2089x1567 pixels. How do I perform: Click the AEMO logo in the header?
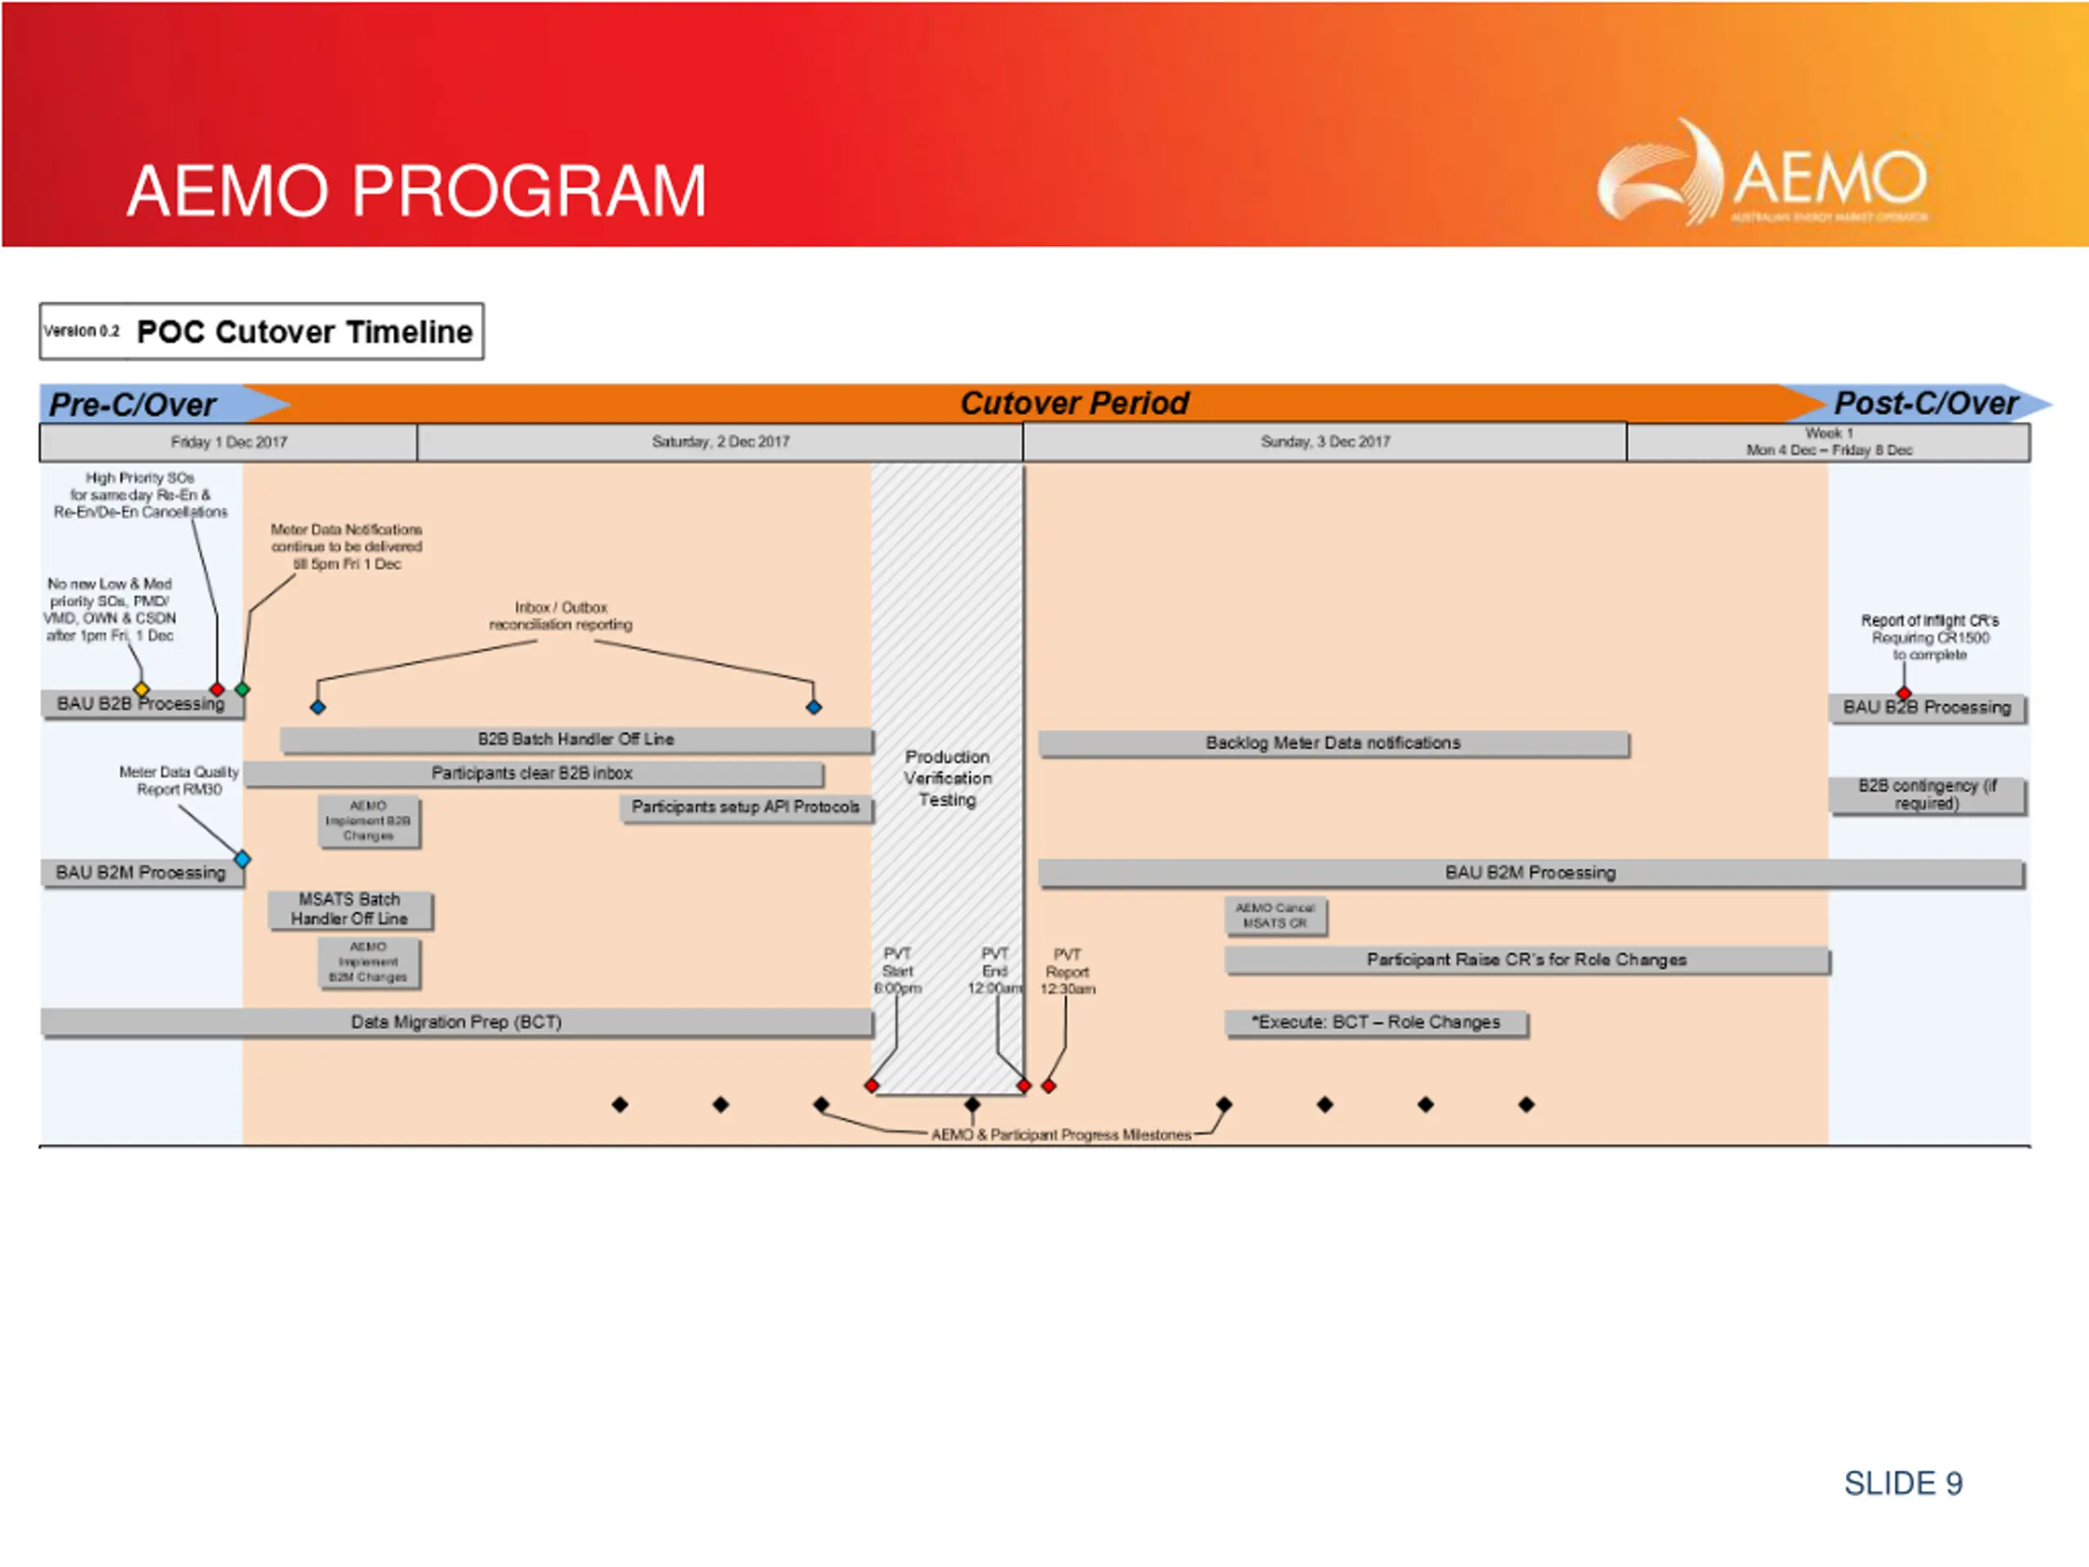point(1761,175)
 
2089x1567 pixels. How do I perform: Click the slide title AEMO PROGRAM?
point(416,191)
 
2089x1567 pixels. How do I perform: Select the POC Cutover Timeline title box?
point(262,331)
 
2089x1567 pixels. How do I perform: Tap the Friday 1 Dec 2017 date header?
point(228,442)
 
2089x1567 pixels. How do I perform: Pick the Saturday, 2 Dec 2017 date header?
point(720,442)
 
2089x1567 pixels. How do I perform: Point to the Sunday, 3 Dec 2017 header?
point(1324,442)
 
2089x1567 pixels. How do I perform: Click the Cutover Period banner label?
point(1074,403)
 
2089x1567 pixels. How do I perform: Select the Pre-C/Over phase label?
point(133,404)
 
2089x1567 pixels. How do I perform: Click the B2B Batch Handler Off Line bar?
point(575,739)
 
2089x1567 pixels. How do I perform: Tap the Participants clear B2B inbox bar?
point(533,774)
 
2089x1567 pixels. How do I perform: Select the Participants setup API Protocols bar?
point(745,808)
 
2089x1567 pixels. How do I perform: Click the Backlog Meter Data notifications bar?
point(1333,744)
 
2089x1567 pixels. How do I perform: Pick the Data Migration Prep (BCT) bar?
point(456,1022)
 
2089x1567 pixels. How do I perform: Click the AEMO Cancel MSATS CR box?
point(1275,915)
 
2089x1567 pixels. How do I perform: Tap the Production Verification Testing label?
point(947,779)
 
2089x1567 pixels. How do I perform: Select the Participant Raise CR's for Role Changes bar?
point(1526,961)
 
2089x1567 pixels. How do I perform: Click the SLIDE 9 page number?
point(1903,1484)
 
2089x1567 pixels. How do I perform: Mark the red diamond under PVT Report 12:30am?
point(1049,1086)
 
